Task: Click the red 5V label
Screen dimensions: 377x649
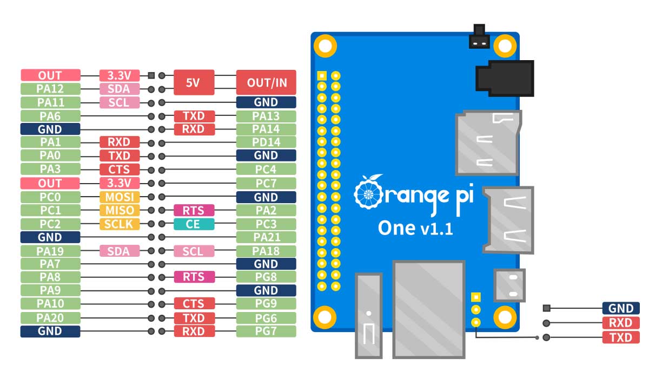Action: (193, 82)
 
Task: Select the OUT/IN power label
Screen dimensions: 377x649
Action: (266, 82)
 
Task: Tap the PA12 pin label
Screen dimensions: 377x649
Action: (50, 89)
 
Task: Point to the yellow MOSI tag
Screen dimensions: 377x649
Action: (119, 197)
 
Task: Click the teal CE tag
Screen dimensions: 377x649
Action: (193, 224)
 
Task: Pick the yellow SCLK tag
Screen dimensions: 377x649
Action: (119, 224)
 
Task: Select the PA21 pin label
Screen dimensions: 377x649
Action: (266, 237)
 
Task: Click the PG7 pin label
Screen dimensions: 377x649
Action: (266, 331)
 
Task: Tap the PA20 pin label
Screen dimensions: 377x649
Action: (50, 317)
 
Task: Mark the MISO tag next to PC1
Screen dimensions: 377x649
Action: (119, 210)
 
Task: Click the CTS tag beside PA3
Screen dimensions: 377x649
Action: (119, 170)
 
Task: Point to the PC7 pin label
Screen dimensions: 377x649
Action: (266, 183)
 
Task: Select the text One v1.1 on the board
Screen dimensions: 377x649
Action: (415, 228)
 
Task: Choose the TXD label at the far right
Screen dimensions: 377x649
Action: (620, 338)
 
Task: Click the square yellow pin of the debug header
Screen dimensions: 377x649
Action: (476, 297)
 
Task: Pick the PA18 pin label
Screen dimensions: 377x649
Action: (266, 251)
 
